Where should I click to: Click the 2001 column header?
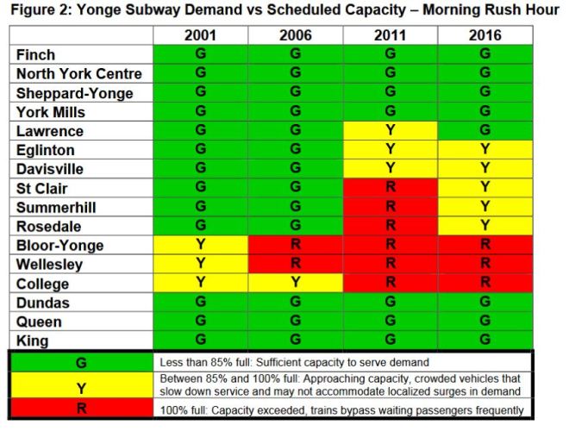tap(201, 36)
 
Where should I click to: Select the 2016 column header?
tap(485, 36)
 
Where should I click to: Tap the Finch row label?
tap(36, 54)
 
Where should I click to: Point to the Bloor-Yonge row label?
tap(59, 246)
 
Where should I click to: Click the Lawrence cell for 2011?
tap(390, 131)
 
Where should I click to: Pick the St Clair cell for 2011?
tap(390, 188)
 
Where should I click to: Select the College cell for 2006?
tap(296, 284)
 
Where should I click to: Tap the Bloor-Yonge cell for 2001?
tap(201, 246)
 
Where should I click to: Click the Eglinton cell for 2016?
tap(485, 150)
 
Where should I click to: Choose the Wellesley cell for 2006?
tap(296, 265)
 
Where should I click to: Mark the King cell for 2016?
tap(485, 340)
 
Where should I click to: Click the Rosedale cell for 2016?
tap(485, 227)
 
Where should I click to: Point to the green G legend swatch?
tap(81, 363)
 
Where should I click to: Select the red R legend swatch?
tap(81, 409)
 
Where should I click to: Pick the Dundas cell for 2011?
tap(390, 303)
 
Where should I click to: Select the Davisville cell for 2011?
tap(390, 169)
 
